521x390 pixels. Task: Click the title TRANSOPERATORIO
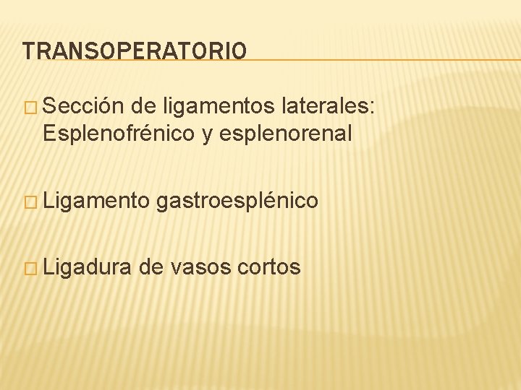point(135,51)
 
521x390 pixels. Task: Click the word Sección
point(86,108)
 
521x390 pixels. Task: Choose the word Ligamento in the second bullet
point(96,200)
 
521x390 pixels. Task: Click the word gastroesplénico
point(237,200)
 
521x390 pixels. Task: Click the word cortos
point(268,267)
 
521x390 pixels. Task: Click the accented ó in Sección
point(109,108)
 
